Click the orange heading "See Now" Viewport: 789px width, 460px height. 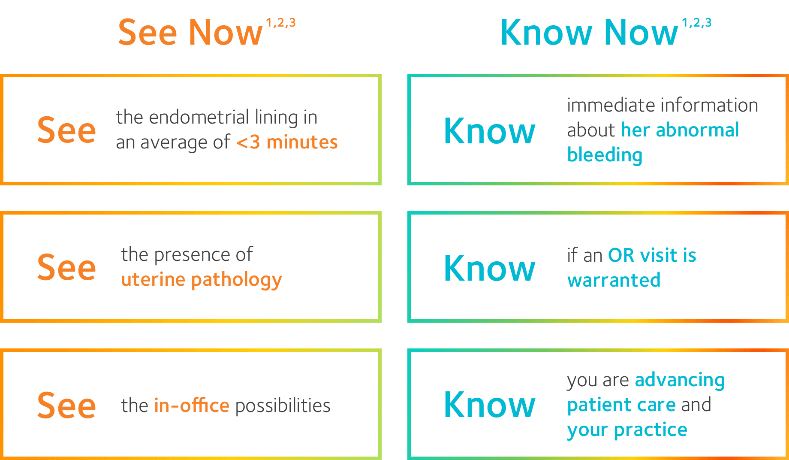click(190, 32)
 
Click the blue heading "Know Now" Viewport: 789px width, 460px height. click(589, 32)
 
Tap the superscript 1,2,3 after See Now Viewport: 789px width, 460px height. click(281, 23)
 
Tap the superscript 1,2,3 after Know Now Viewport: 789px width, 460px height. click(697, 23)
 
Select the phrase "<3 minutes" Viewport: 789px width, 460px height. click(287, 142)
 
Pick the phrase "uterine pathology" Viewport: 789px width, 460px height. click(202, 280)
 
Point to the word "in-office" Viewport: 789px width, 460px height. click(192, 406)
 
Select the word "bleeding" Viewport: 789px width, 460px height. click(605, 155)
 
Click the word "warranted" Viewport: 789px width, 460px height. click(614, 280)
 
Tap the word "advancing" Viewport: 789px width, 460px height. click(680, 381)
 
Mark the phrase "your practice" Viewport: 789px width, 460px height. click(627, 430)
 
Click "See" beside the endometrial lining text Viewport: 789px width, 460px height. click(66, 130)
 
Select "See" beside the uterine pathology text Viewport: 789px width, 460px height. click(66, 267)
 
